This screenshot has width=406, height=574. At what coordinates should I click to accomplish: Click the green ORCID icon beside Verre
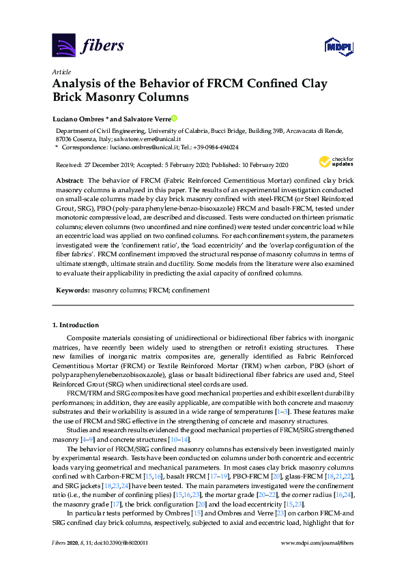pos(174,118)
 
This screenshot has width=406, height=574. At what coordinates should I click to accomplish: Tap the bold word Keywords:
pos(72,290)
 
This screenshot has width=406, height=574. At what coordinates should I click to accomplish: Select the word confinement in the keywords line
pos(192,290)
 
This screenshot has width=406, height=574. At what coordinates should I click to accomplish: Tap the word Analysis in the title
pos(80,85)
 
